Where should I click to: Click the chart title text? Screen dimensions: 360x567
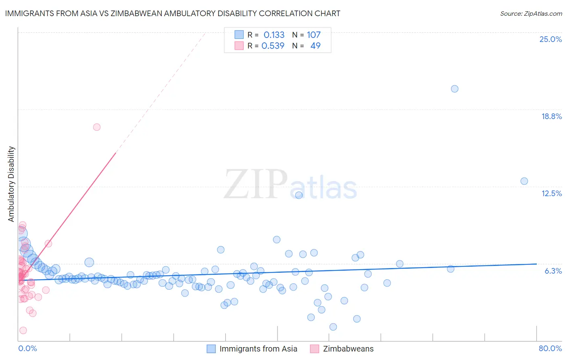tap(173, 13)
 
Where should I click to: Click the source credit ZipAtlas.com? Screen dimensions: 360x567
tap(531, 13)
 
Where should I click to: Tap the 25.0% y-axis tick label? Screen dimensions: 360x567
tap(550, 39)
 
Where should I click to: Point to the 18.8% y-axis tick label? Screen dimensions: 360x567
tap(551, 116)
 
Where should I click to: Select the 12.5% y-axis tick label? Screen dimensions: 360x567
tap(551, 193)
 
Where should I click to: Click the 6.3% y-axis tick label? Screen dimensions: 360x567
tap(553, 271)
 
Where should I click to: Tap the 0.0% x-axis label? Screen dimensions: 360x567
tap(27, 348)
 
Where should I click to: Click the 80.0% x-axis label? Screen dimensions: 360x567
tap(550, 348)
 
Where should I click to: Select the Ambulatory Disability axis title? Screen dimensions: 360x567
tap(11, 184)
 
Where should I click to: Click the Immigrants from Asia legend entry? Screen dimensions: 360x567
tap(258, 349)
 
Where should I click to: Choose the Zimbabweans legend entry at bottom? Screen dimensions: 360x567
tap(348, 349)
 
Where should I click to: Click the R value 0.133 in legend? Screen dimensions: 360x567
tap(274, 35)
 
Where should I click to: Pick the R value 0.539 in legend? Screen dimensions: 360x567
tap(273, 46)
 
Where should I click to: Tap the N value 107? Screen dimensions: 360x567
tap(314, 35)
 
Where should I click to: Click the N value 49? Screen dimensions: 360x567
tap(315, 46)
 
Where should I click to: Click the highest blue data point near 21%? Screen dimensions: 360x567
tap(454, 89)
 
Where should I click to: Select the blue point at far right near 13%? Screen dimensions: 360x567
tap(524, 181)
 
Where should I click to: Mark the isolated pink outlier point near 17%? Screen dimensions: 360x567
tap(97, 127)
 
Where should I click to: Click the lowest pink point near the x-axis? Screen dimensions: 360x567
tap(23, 331)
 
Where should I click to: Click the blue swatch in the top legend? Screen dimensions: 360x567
tap(239, 35)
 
